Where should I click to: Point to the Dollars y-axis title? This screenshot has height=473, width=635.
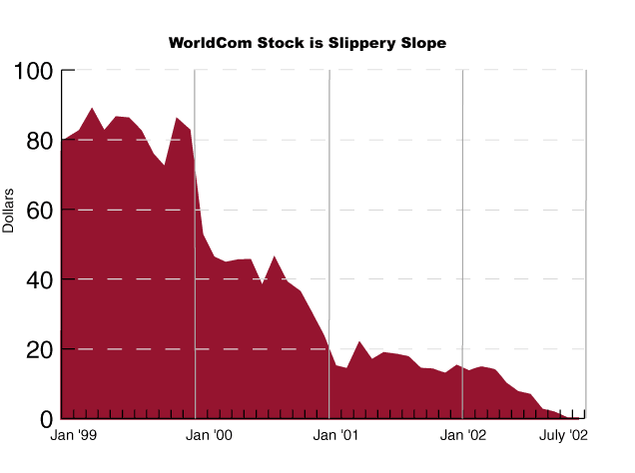[9, 210]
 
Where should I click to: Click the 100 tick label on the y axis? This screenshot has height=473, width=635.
[33, 72]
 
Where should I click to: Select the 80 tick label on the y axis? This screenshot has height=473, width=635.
[38, 141]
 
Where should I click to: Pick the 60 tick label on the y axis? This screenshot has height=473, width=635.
[38, 211]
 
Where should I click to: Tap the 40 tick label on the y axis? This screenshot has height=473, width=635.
[38, 280]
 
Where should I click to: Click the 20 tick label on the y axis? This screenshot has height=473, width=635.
[38, 350]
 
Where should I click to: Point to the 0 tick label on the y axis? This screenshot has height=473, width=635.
[45, 419]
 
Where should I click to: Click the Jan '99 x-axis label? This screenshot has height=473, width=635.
[73, 436]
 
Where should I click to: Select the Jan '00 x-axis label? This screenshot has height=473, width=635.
[210, 436]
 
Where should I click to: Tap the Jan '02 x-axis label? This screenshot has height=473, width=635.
[463, 436]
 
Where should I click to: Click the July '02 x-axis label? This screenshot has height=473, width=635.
[563, 436]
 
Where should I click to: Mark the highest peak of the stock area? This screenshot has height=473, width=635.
[92, 109]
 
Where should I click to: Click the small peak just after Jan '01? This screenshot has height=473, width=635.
[359, 342]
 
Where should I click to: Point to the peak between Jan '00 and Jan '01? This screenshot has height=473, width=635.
[275, 257]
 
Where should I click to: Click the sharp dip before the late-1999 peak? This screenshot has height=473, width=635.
[165, 164]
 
